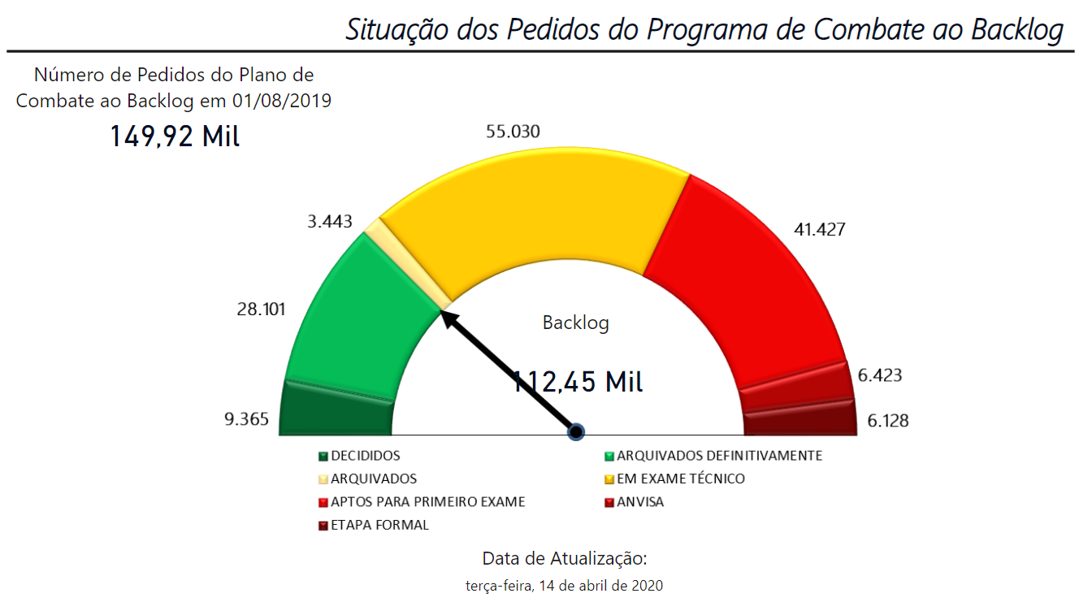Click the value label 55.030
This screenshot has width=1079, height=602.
click(512, 132)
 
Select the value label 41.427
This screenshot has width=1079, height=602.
click(819, 229)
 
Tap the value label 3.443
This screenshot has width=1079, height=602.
click(327, 220)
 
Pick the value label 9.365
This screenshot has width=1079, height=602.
click(247, 420)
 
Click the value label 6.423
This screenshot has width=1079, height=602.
click(880, 375)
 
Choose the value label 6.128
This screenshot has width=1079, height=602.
click(887, 421)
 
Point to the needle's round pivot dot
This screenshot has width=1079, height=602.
click(576, 431)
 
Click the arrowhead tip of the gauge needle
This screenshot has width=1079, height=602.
click(444, 313)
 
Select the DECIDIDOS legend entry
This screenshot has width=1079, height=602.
click(365, 456)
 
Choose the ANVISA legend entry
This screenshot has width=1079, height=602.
click(639, 502)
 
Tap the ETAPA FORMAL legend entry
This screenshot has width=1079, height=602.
click(379, 525)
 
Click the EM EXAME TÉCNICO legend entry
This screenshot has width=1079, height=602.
click(680, 479)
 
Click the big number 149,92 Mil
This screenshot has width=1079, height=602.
click(175, 136)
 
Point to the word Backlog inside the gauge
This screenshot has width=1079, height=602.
click(575, 323)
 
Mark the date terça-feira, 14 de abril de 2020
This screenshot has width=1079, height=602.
click(564, 585)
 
